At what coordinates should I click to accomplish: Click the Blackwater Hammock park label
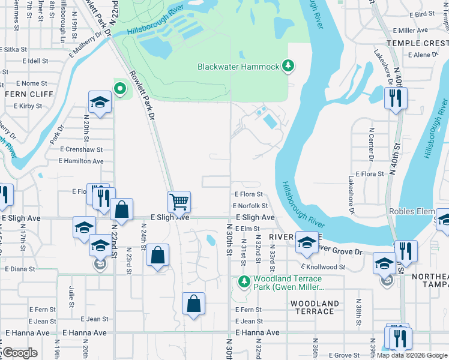(238, 67)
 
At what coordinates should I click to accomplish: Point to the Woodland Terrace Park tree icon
(244, 281)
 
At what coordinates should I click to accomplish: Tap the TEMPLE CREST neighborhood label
(417, 43)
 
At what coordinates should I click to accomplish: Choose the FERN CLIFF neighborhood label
(29, 94)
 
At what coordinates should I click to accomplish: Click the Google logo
(20, 353)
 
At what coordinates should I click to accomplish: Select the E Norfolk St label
(250, 206)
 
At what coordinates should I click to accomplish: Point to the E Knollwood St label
(324, 266)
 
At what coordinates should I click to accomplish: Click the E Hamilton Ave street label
(81, 161)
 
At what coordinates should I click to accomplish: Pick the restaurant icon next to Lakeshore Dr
(396, 98)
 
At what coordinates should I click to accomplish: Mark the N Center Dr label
(371, 145)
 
